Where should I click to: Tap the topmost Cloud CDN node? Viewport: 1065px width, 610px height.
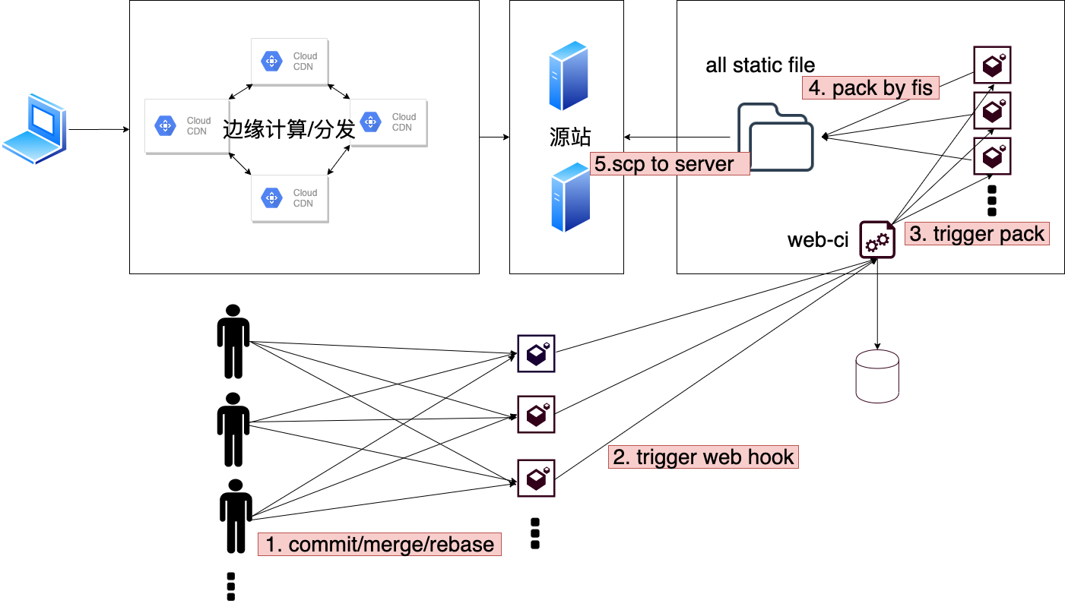coord(290,61)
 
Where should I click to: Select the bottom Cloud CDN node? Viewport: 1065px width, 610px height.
coord(290,198)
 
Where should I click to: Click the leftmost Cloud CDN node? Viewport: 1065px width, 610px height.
coord(186,126)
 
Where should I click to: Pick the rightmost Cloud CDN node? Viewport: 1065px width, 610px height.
coord(389,122)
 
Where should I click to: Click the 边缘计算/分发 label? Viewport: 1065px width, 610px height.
coord(290,129)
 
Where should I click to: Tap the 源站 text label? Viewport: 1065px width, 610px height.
coord(569,137)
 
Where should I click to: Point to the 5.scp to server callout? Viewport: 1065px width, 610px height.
coord(670,164)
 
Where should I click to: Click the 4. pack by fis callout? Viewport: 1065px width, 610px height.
coord(870,88)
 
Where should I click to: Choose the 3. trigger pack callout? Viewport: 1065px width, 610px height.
coord(977,233)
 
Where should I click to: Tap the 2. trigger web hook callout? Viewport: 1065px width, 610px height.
coord(703,457)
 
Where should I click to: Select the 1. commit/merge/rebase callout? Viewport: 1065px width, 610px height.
coord(379,544)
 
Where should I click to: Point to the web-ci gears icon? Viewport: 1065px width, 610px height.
coord(877,240)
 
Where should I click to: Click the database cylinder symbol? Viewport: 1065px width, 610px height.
coord(877,376)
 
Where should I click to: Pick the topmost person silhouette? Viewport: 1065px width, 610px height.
coord(233,342)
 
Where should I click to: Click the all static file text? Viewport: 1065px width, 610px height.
coord(760,65)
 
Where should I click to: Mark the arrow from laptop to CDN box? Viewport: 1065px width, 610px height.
coord(99,130)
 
